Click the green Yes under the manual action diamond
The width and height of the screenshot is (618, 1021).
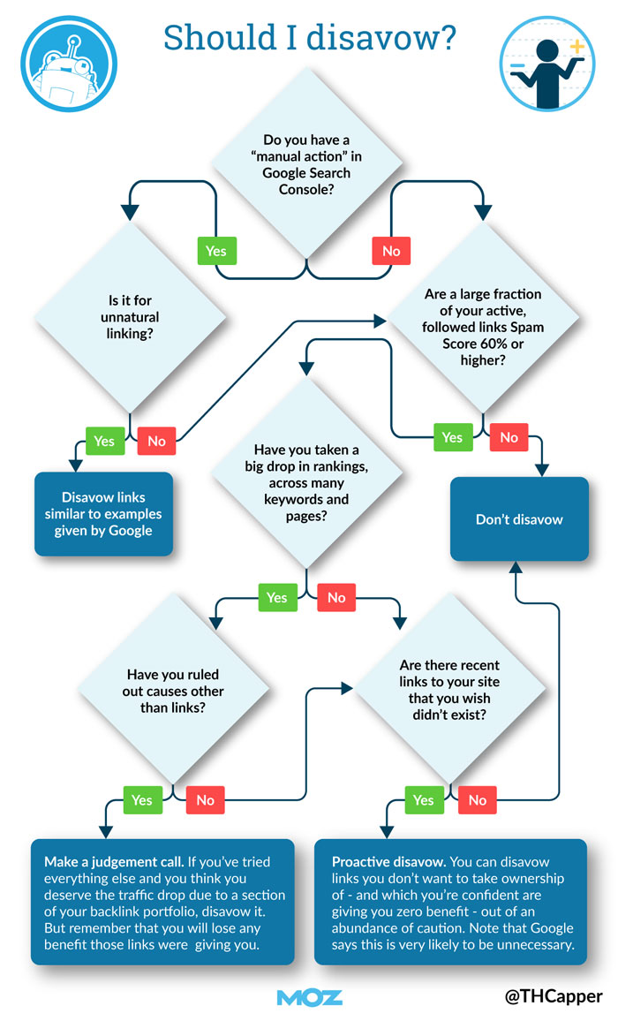tap(216, 251)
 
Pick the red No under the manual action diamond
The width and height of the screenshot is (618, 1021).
tap(391, 251)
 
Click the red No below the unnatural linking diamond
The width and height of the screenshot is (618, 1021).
tap(156, 440)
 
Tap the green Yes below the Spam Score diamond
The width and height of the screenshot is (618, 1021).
tap(452, 436)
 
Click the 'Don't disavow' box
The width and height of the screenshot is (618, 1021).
tap(519, 519)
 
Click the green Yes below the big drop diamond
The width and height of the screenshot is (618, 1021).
tap(277, 597)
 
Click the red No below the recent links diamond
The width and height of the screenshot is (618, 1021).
tap(478, 800)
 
